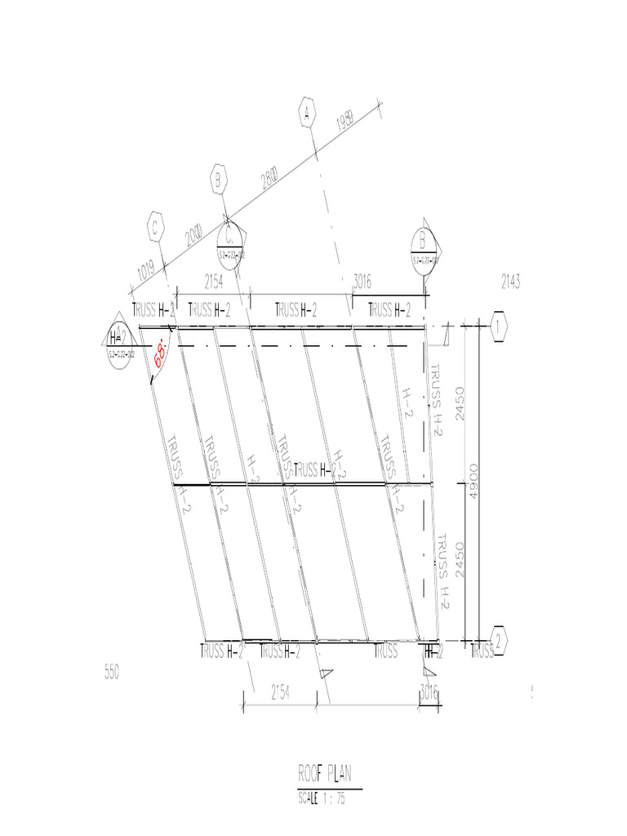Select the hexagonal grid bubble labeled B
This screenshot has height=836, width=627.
(x=218, y=179)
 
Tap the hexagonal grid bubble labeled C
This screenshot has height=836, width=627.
(x=153, y=229)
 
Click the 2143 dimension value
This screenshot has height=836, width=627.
(x=510, y=282)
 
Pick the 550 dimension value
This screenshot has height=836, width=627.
(x=112, y=673)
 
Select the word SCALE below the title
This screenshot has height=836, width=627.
(x=311, y=800)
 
